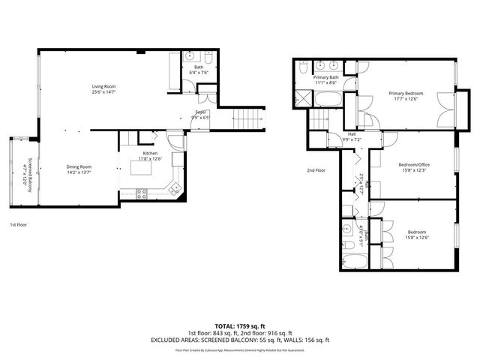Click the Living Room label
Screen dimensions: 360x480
click(x=103, y=87)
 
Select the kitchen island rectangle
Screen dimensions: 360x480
click(x=143, y=172)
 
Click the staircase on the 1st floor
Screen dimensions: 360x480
click(x=250, y=118)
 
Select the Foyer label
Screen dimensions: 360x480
click(x=200, y=112)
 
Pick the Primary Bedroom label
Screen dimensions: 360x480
click(x=406, y=94)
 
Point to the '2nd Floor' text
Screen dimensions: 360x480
click(x=316, y=170)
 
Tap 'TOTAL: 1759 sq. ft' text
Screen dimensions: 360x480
click(x=238, y=325)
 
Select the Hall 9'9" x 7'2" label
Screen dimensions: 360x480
click(x=352, y=136)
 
